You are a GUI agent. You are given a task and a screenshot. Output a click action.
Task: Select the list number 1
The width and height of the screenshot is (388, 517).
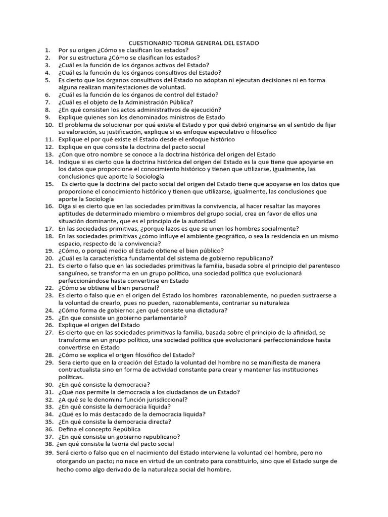click(47, 50)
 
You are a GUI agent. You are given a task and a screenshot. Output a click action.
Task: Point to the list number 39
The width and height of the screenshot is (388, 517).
click(49, 453)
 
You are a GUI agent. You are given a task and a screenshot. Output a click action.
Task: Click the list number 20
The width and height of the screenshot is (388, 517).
click(49, 257)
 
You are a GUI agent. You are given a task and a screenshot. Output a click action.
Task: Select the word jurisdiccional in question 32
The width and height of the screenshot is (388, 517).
click(161, 399)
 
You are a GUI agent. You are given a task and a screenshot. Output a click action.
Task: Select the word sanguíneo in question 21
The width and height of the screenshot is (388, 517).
click(74, 273)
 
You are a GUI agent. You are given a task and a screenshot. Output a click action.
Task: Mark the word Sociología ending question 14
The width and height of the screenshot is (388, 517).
click(148, 177)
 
